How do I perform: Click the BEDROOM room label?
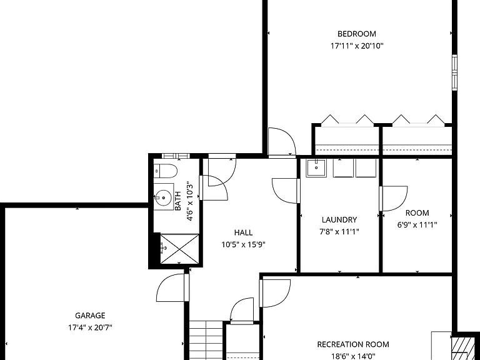tap(357, 34)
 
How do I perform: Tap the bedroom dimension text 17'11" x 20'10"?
tap(357, 46)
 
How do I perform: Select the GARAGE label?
tap(90, 316)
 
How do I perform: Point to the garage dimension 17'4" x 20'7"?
tap(90, 328)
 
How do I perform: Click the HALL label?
tap(243, 232)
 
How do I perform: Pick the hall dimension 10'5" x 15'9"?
tap(243, 244)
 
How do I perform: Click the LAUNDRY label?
tap(339, 220)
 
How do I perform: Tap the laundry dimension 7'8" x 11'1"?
tap(339, 232)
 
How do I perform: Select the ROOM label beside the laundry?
tap(417, 212)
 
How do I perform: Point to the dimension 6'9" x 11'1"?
tap(417, 225)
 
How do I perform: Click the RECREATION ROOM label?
tap(353, 344)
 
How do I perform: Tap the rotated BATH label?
tap(178, 201)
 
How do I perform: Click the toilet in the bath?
tap(165, 171)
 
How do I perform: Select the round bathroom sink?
tap(163, 197)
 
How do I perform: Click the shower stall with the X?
tap(180, 249)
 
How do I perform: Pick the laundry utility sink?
tap(316, 167)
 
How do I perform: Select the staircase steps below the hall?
tap(206, 341)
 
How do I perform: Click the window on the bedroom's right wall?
tap(454, 72)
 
